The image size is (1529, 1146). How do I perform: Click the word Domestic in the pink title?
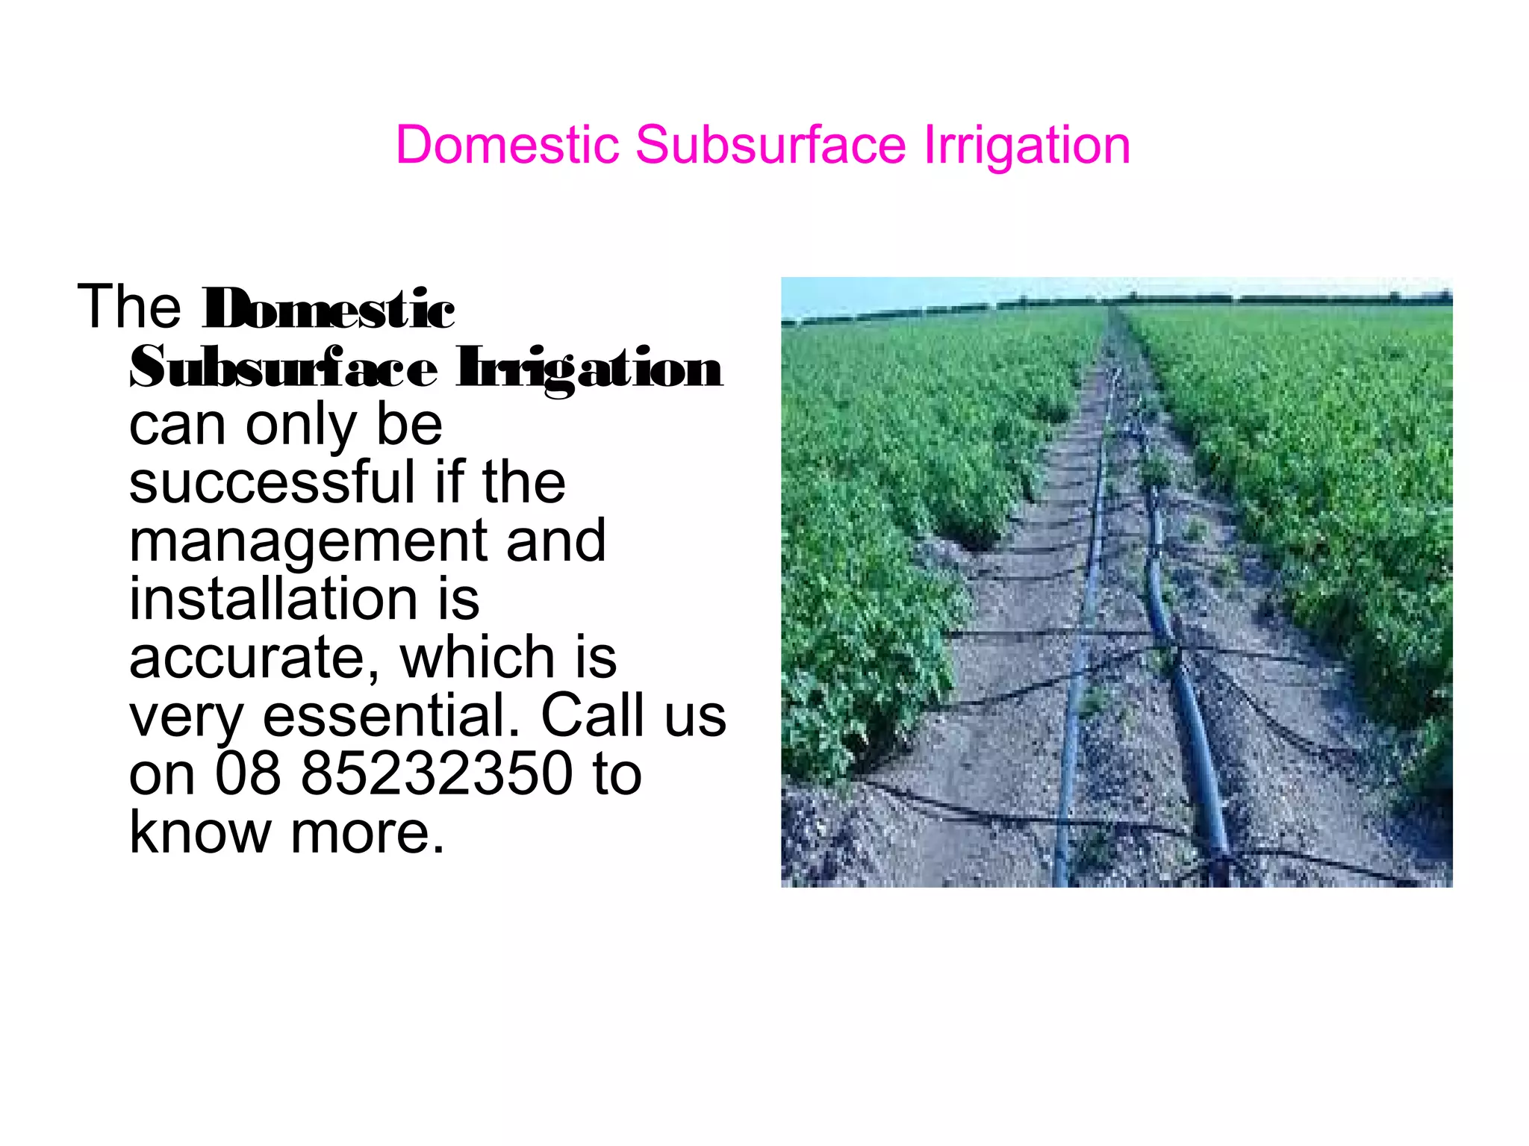tap(507, 144)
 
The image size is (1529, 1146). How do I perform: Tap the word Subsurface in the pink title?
tap(770, 144)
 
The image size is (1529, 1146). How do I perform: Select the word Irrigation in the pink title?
tap(1027, 144)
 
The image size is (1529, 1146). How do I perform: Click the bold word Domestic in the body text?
tap(328, 309)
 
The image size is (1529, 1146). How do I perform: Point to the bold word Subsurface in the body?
tap(284, 367)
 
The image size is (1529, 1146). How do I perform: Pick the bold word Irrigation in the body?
tap(590, 369)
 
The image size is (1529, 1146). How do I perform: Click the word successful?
tap(272, 482)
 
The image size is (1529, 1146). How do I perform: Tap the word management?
tap(308, 542)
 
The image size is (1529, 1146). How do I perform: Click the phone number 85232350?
tap(436, 773)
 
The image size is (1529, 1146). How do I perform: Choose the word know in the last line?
tap(200, 832)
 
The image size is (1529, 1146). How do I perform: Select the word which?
tap(477, 657)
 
